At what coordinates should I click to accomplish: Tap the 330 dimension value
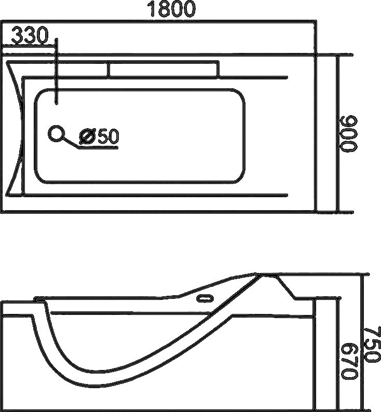tap(30, 36)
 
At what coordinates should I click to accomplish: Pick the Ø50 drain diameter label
tap(99, 136)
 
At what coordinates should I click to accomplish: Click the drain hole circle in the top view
tap(56, 134)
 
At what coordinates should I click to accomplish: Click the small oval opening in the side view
tap(205, 298)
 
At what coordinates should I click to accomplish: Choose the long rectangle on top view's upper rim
tap(163, 69)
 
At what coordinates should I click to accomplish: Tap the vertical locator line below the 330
tap(56, 73)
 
